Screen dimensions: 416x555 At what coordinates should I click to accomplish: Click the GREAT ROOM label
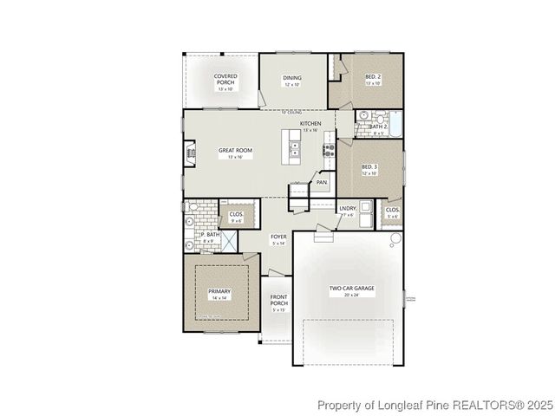tap(234, 150)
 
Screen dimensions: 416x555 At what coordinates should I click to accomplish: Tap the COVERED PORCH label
tap(226, 79)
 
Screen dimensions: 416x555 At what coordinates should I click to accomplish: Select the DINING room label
tap(292, 78)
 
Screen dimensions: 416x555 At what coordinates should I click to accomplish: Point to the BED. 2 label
tap(373, 78)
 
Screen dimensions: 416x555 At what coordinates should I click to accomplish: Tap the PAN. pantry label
tap(322, 182)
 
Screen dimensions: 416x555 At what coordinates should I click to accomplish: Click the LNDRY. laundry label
tap(348, 208)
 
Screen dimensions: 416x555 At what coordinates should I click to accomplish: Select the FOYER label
tap(278, 237)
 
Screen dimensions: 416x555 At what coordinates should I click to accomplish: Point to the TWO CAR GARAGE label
tap(350, 287)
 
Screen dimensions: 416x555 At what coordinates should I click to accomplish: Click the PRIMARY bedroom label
tap(219, 291)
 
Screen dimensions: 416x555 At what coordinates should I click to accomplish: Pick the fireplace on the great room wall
tap(191, 153)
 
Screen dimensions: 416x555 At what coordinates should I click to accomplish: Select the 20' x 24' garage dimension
tap(350, 295)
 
